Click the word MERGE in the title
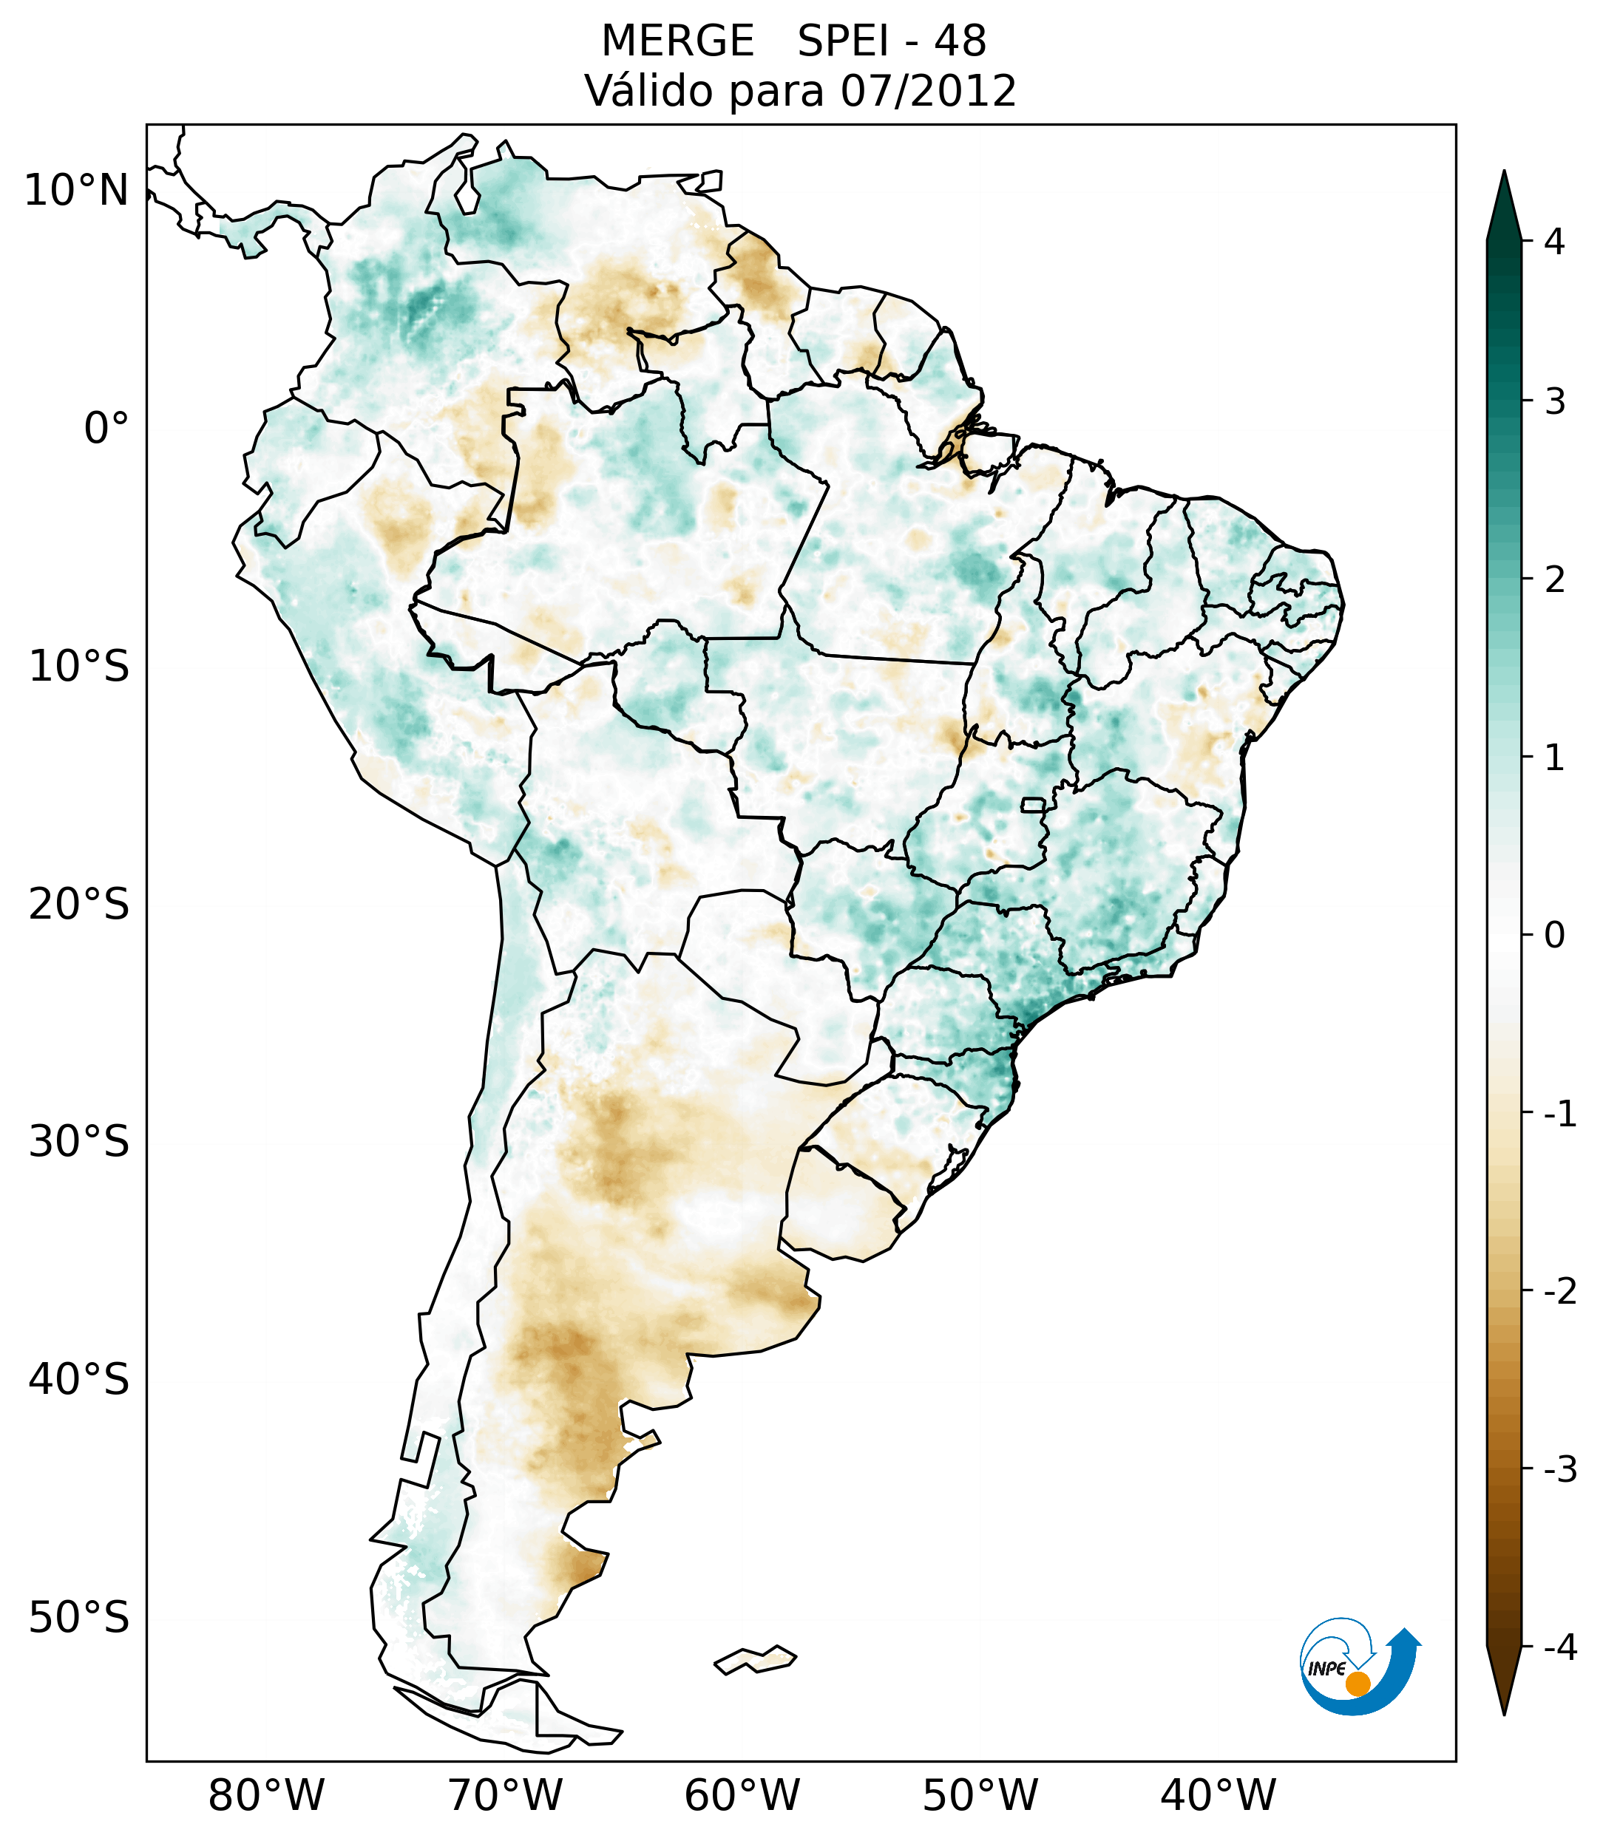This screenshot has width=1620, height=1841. pos(677,41)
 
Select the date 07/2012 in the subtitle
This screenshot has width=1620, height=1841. pos(928,91)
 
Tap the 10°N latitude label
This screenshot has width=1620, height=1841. pos(77,190)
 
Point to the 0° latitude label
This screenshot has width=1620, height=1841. pos(106,428)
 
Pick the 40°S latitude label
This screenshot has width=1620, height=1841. pos(79,1379)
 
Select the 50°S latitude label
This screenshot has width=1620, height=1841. pos(79,1617)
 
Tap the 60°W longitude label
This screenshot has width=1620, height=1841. pos(742,1795)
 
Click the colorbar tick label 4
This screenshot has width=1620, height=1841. pos(1554,242)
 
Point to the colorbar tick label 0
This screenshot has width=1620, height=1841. pos(1554,935)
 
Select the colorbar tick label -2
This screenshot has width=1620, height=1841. pos(1559,1290)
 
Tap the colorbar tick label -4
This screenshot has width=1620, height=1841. pos(1559,1647)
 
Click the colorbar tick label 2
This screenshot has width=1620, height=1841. pos(1554,579)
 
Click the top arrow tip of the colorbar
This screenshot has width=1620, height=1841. pos(1503,173)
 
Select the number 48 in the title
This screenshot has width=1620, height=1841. pos(960,41)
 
